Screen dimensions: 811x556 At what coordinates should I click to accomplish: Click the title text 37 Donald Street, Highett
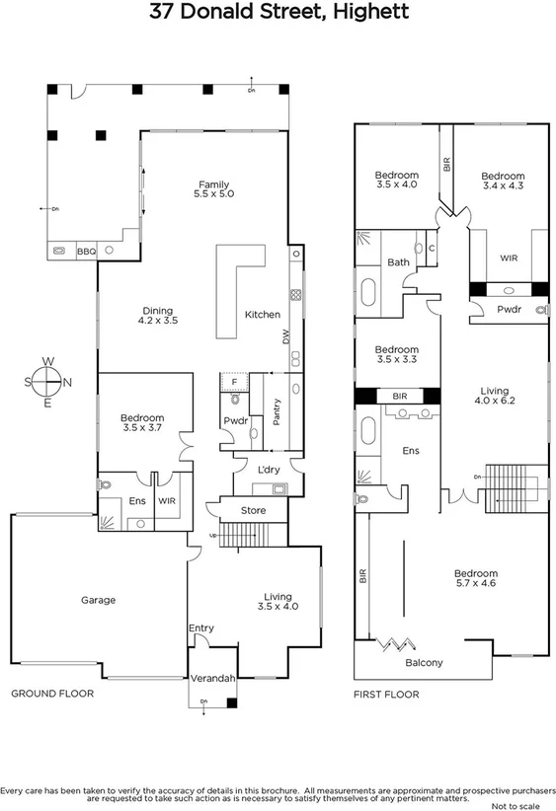tap(278, 13)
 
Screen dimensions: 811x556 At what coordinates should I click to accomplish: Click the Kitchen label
tap(262, 315)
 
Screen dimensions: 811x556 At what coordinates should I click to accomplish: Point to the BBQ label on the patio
tap(86, 252)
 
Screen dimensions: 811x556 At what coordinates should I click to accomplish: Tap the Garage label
tap(99, 600)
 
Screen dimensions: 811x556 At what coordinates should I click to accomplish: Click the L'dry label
tap(270, 470)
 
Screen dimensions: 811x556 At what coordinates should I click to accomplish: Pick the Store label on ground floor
tap(253, 510)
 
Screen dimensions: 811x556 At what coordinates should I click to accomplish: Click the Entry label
tap(200, 627)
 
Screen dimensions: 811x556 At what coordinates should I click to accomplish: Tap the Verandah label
tap(212, 679)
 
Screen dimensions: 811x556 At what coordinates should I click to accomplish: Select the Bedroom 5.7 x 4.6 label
tap(475, 578)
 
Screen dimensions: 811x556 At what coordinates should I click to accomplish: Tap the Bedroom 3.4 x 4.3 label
tap(504, 181)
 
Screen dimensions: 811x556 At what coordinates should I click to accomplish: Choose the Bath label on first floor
tap(398, 262)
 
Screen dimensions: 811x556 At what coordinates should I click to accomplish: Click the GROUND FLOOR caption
tap(52, 694)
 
